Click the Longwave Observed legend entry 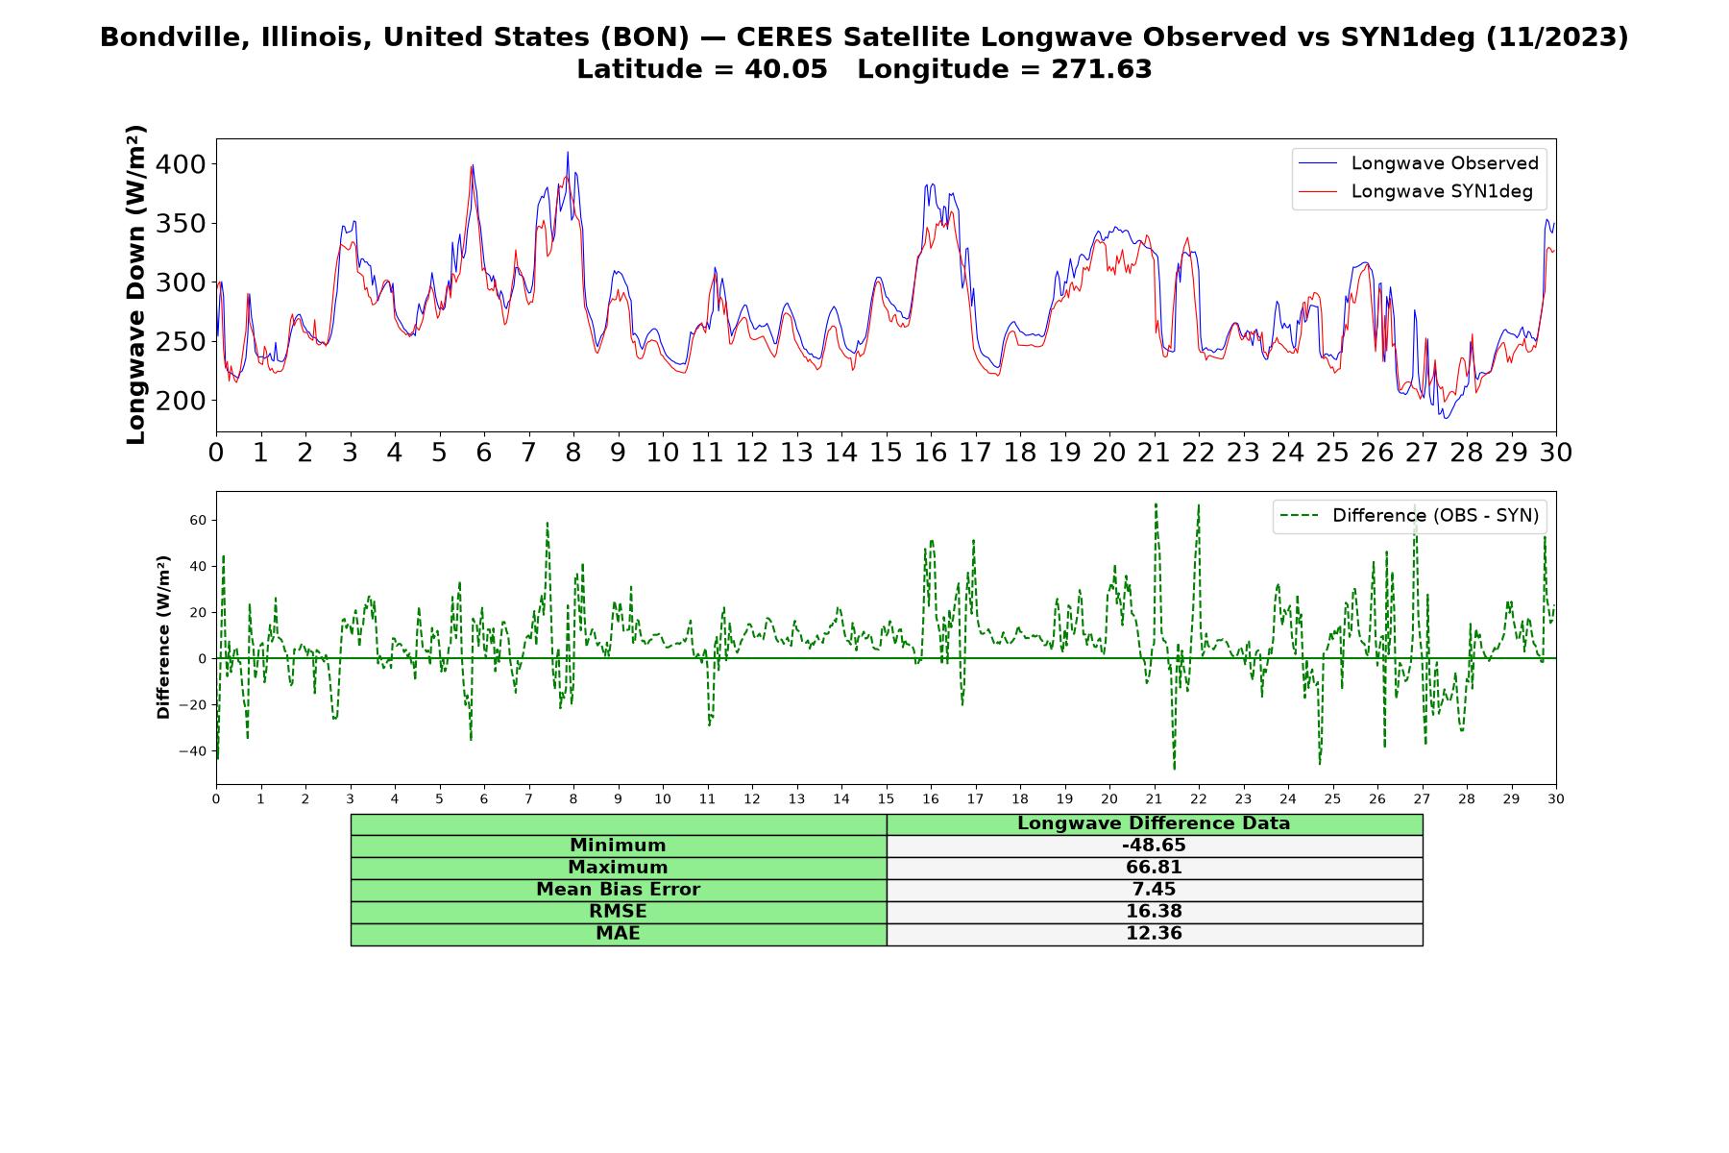(1418, 163)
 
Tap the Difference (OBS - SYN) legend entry (1409, 516)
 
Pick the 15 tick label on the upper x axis (886, 452)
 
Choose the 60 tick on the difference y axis (198, 520)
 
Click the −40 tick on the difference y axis (193, 751)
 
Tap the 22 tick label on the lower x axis (1198, 798)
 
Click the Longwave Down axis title (135, 284)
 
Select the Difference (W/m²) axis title (163, 637)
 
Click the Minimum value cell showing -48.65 (1154, 846)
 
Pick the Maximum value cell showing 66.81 (1154, 868)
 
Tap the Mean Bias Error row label (618, 890)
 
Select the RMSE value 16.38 (1154, 912)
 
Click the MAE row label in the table (618, 934)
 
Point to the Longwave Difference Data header (1154, 823)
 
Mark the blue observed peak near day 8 (568, 152)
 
